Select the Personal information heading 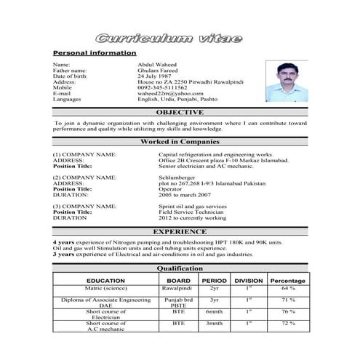[95, 53]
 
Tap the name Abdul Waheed [156, 65]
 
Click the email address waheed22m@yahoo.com [169, 93]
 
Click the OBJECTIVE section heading [180, 113]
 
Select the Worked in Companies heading [180, 142]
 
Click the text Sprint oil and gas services [193, 206]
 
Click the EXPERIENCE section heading [180, 231]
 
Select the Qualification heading [180, 268]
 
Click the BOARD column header [178, 280]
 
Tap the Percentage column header [288, 280]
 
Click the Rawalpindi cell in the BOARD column [178, 289]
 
